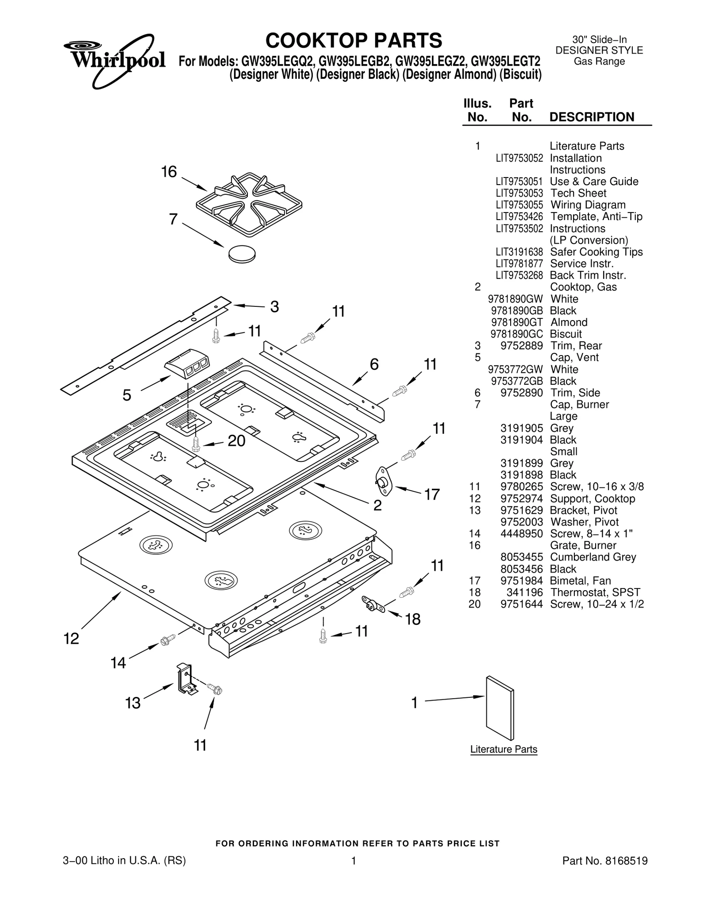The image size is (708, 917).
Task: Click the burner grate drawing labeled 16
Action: pos(249,200)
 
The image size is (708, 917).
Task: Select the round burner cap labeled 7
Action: pos(242,254)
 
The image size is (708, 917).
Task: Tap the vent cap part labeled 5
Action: pos(187,367)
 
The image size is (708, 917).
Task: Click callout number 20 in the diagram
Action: pos(236,441)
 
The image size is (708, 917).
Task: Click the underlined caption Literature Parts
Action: pos(504,749)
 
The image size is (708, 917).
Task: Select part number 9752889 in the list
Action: pos(521,346)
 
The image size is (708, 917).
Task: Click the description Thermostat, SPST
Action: pos(595,592)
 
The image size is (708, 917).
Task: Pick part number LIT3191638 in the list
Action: pos(519,252)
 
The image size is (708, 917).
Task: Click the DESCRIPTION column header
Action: pos(592,117)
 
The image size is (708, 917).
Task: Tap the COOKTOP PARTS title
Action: pos(354,41)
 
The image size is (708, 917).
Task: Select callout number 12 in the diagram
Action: pos(71,638)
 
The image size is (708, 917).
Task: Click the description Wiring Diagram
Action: pos(588,205)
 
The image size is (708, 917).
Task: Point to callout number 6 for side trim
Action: pos(374,364)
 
